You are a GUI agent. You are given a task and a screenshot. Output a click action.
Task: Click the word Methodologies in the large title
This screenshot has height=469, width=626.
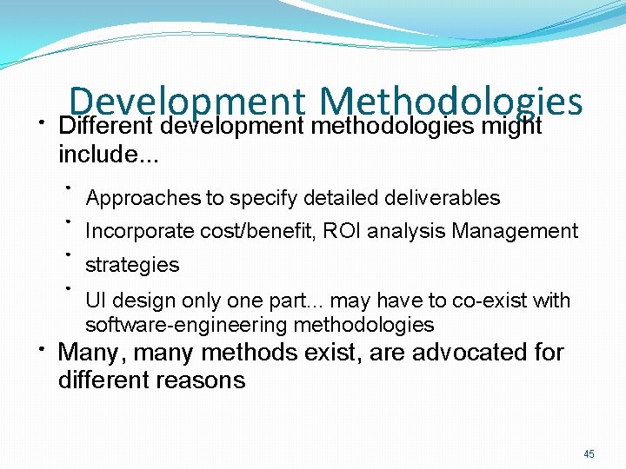point(450,102)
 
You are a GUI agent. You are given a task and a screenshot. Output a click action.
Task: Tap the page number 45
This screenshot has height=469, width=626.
point(589,454)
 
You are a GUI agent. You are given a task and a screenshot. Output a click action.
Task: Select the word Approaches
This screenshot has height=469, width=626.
point(143,199)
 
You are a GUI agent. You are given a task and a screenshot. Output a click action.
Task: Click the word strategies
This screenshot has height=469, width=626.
point(132,265)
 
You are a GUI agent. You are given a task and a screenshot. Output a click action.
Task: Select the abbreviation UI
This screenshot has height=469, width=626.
point(95,301)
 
